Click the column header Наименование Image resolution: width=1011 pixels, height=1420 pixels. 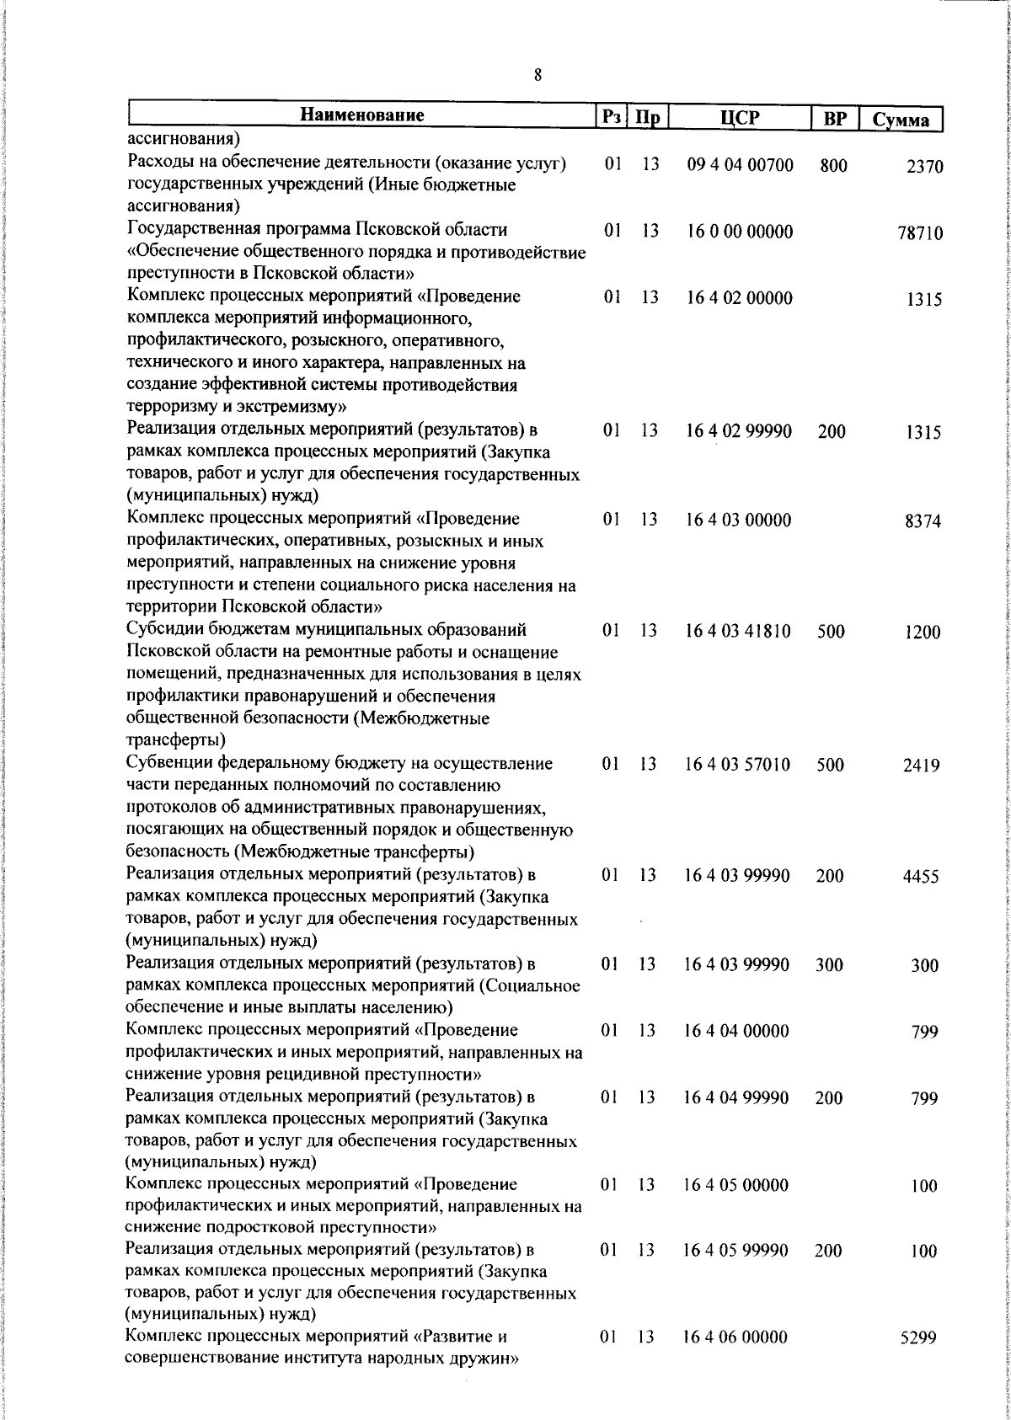pos(361,115)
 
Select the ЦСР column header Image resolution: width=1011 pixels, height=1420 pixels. pos(739,118)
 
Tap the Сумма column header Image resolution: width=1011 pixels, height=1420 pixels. pos(901,120)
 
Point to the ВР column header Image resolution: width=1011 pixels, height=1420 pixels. pos(834,119)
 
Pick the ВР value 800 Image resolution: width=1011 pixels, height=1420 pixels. pos(833,166)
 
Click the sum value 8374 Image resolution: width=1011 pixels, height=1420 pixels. pos(923,521)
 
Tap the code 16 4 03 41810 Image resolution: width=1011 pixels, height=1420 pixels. pos(738,631)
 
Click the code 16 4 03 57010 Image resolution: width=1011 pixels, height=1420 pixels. pos(738,765)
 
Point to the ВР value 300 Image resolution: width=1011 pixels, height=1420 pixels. pos(829,965)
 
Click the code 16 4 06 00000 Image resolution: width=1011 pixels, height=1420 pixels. pos(736,1337)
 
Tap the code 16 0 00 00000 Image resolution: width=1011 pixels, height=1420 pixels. pos(739,232)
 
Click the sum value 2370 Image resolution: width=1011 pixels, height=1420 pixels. pos(924,168)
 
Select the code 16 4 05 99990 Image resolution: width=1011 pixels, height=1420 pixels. pos(736,1251)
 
